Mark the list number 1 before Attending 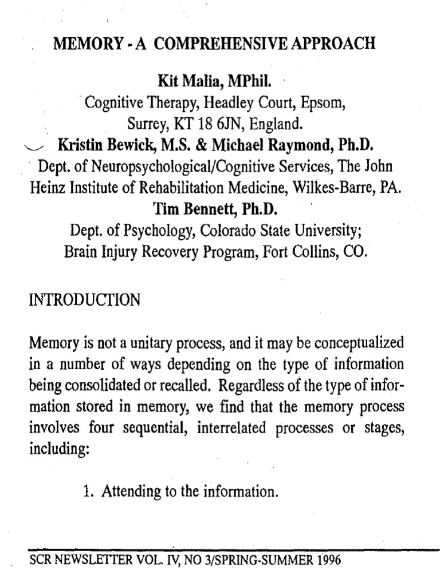coord(87,490)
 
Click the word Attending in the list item coord(129,491)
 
